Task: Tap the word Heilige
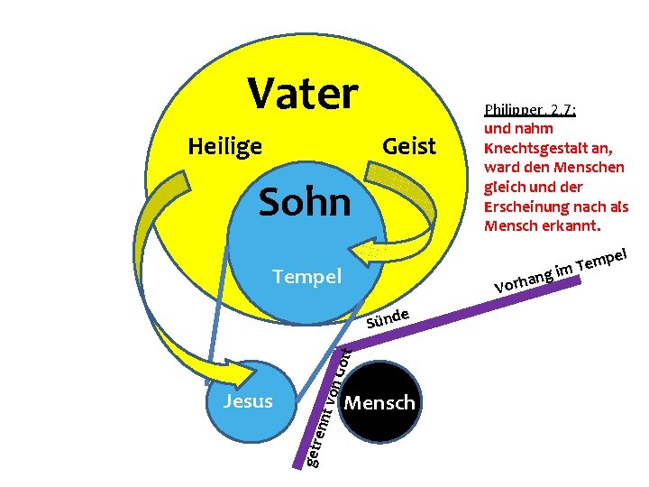[224, 146]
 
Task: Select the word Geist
[409, 146]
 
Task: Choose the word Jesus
[247, 400]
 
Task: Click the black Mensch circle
[380, 402]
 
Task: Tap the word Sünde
[389, 318]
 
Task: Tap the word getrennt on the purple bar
[317, 442]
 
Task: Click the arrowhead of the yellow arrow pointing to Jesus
[218, 371]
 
